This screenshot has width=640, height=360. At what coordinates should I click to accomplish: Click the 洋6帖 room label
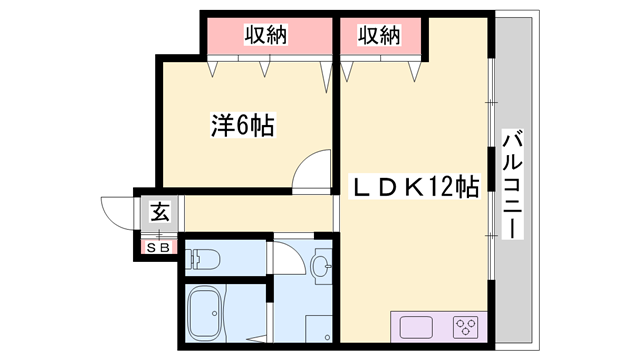click(x=242, y=126)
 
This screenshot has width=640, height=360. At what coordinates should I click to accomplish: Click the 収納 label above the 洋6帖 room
click(x=266, y=35)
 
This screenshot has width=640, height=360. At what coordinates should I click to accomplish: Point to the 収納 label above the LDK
click(x=378, y=35)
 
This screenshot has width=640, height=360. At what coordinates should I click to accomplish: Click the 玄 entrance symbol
click(x=159, y=212)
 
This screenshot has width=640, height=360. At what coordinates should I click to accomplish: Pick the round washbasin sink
click(x=320, y=266)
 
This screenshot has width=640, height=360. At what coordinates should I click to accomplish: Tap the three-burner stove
click(x=465, y=326)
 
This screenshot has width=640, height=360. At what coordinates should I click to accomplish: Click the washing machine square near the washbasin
click(x=319, y=328)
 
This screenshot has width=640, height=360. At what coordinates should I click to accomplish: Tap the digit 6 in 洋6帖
click(x=243, y=126)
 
